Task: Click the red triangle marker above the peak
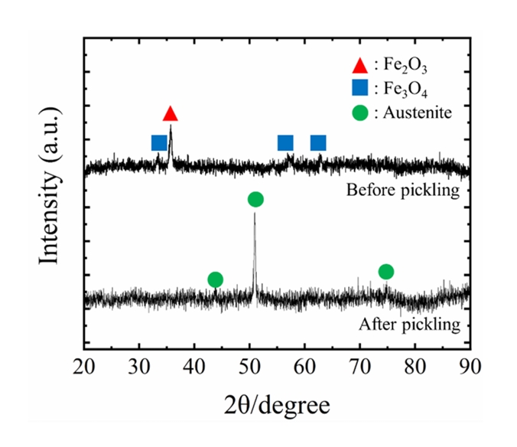pyautogui.click(x=171, y=114)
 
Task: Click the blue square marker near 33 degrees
pyautogui.click(x=159, y=142)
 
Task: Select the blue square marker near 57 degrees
pyautogui.click(x=285, y=142)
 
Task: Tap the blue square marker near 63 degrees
pyautogui.click(x=318, y=142)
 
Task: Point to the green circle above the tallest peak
pyautogui.click(x=255, y=199)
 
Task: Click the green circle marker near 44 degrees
pyautogui.click(x=216, y=279)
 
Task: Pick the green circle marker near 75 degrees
pyautogui.click(x=386, y=272)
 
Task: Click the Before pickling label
pyautogui.click(x=403, y=190)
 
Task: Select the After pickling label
pyautogui.click(x=410, y=324)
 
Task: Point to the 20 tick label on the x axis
pyautogui.click(x=84, y=364)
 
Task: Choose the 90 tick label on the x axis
pyautogui.click(x=470, y=364)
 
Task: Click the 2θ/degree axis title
pyautogui.click(x=277, y=403)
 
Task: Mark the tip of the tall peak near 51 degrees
pyautogui.click(x=255, y=214)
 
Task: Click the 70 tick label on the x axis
pyautogui.click(x=360, y=364)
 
